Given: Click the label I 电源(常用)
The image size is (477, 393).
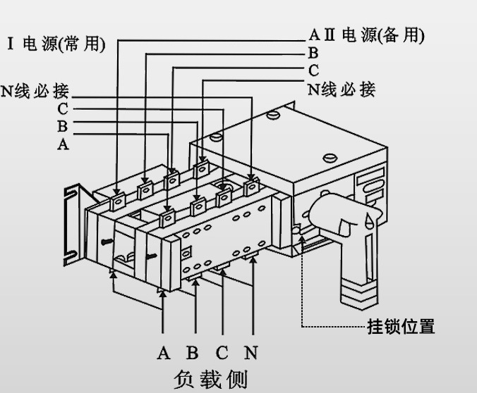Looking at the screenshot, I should pyautogui.click(x=56, y=44).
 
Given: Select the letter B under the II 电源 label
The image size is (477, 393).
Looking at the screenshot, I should pyautogui.click(x=313, y=54).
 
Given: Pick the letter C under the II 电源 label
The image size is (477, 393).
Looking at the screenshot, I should pyautogui.click(x=313, y=71).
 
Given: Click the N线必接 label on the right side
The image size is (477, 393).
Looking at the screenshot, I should pyautogui.click(x=342, y=89).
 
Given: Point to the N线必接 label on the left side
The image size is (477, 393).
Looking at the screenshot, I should pyautogui.click(x=35, y=92).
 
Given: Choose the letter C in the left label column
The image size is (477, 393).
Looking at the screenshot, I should pyautogui.click(x=63, y=109).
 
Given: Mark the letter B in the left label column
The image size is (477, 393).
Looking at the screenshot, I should pyautogui.click(x=63, y=127).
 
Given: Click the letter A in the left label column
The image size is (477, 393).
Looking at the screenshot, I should pyautogui.click(x=63, y=144).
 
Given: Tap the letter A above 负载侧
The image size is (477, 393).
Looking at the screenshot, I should pyautogui.click(x=164, y=353).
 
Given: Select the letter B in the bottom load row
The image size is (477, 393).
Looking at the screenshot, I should pyautogui.click(x=193, y=353).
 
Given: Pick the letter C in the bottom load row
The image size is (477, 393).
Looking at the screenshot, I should pyautogui.click(x=222, y=353).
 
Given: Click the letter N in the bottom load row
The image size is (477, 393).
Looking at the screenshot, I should pyautogui.click(x=250, y=353).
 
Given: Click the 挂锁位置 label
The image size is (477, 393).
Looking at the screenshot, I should pyautogui.click(x=401, y=327).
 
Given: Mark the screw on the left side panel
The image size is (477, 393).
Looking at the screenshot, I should pyautogui.click(x=106, y=240).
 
